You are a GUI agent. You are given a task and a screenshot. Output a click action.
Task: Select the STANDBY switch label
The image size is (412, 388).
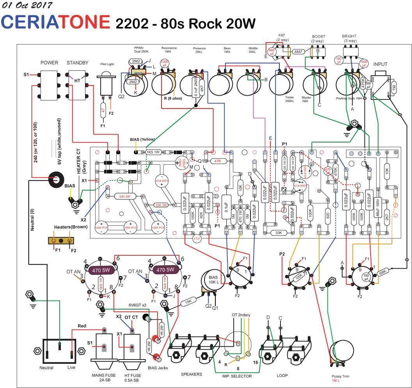point(78,62)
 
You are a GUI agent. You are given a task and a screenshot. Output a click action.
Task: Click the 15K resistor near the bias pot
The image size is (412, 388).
point(188,301)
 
